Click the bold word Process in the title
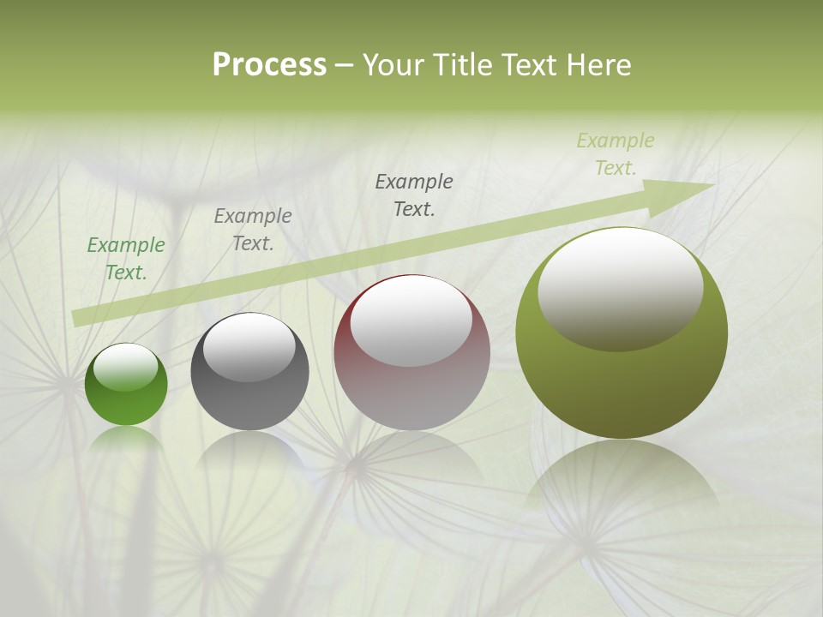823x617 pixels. click(x=269, y=65)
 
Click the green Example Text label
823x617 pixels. click(x=126, y=259)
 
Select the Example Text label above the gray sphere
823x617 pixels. click(x=253, y=230)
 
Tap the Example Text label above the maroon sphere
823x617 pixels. click(x=414, y=195)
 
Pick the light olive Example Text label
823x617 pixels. click(x=616, y=154)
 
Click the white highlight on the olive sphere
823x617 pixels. click(x=620, y=287)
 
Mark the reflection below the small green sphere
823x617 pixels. click(x=126, y=439)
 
